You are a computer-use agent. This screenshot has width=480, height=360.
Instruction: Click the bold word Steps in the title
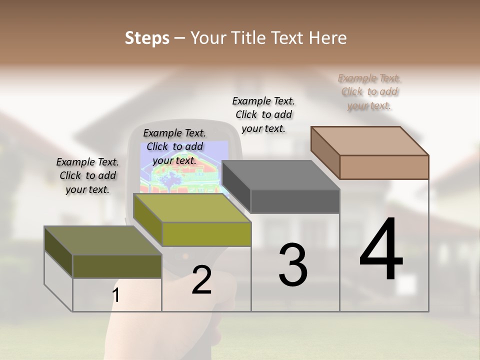click(x=147, y=38)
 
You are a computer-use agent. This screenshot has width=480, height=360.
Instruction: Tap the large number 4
click(x=381, y=250)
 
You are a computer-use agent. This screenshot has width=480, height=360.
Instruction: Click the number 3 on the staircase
click(x=293, y=265)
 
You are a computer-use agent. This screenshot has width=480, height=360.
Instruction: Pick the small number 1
click(x=116, y=295)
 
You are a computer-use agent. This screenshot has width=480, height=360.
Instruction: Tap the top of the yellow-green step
click(x=192, y=208)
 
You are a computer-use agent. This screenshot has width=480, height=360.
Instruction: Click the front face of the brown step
click(x=384, y=167)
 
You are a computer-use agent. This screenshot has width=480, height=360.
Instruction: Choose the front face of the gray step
click(x=295, y=201)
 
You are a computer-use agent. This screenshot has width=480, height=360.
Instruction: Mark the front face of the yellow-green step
click(x=206, y=234)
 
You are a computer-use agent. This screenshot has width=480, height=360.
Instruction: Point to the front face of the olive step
click(x=117, y=266)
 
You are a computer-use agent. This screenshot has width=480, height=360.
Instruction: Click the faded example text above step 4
click(x=369, y=92)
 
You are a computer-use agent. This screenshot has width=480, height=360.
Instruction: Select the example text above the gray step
click(x=263, y=114)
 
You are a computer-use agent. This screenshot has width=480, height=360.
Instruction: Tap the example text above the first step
click(x=87, y=175)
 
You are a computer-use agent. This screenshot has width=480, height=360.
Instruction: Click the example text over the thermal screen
click(x=174, y=146)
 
